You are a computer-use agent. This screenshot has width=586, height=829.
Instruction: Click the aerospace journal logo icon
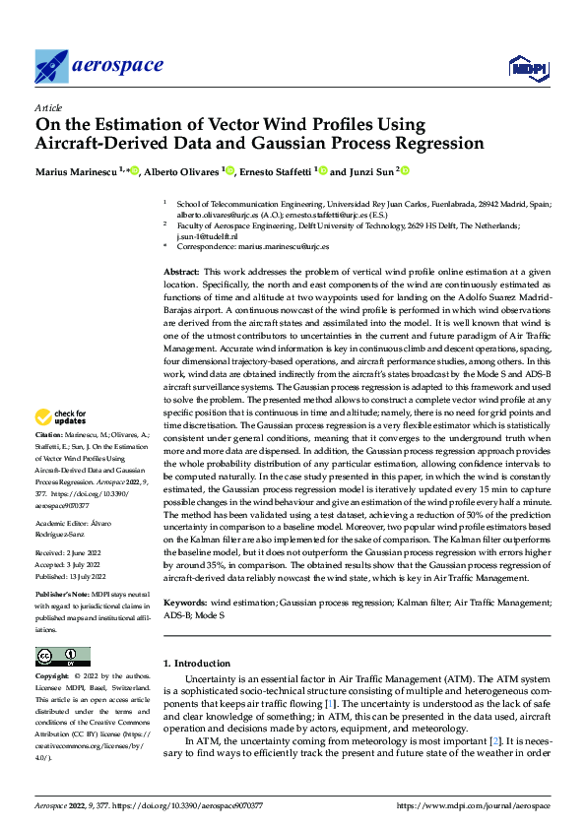pyautogui.click(x=51, y=66)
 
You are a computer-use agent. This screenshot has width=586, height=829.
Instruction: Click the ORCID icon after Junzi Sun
pyautogui.click(x=404, y=170)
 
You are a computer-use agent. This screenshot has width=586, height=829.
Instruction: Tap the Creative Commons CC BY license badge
pyautogui.click(x=62, y=656)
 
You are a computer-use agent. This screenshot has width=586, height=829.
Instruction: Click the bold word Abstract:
pyautogui.click(x=181, y=270)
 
